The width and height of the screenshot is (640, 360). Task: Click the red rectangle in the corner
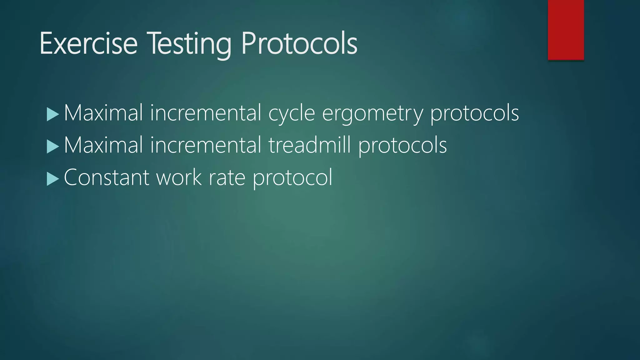[566, 30]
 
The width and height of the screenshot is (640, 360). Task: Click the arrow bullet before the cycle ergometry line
[52, 114]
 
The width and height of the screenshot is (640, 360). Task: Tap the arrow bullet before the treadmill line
[52, 147]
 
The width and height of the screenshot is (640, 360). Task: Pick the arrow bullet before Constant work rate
[52, 179]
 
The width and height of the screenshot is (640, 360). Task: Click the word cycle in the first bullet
[291, 113]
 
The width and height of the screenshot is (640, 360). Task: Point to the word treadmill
[309, 145]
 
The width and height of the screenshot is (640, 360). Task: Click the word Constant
[106, 177]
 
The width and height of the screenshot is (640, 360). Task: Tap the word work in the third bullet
[178, 177]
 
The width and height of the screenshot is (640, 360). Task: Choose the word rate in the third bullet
[227, 177]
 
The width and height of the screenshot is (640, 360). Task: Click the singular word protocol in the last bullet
[292, 177]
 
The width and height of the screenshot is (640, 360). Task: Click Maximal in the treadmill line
[103, 145]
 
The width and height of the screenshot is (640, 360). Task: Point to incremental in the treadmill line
[205, 145]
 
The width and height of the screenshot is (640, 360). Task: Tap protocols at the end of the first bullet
[474, 113]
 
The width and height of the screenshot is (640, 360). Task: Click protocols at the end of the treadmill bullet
[402, 146]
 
